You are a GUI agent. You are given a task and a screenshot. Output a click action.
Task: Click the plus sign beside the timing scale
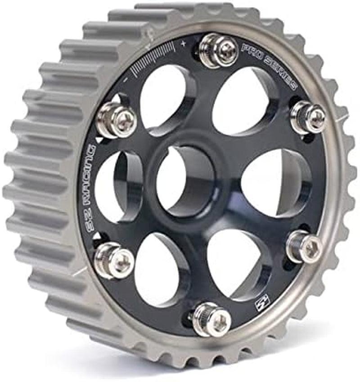pyautogui.click(x=183, y=44)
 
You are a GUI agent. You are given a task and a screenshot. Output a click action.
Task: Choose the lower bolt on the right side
pyautogui.click(x=304, y=246)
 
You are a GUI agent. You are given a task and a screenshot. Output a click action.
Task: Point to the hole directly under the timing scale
pyautogui.click(x=162, y=99)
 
